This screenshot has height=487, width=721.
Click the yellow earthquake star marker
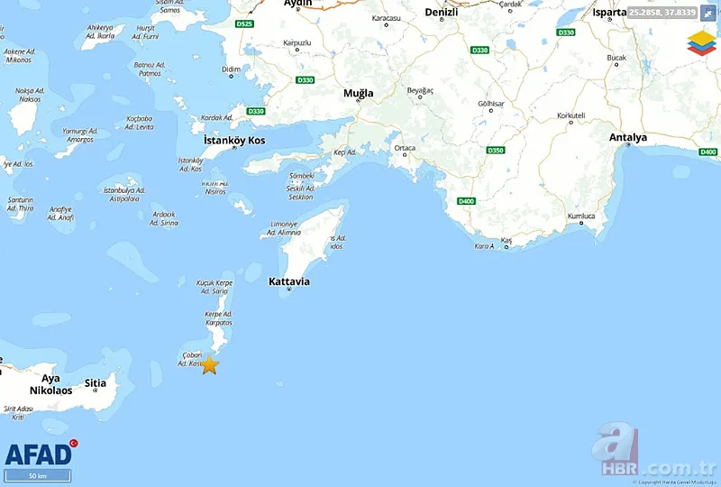click(x=209, y=365)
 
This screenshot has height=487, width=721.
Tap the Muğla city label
click(x=358, y=93)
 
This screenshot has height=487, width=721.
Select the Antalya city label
click(x=628, y=138)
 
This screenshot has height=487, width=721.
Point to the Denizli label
click(x=442, y=12)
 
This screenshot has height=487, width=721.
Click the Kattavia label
click(x=289, y=281)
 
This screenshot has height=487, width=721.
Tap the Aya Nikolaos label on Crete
click(x=50, y=384)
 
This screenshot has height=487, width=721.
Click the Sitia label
click(x=95, y=383)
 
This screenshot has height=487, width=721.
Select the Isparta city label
click(x=609, y=12)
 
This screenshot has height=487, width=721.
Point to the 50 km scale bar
click(x=38, y=475)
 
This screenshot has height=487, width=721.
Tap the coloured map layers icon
click(x=698, y=42)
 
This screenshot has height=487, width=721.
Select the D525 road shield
click(x=243, y=23)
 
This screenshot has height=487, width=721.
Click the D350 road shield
click(x=495, y=150)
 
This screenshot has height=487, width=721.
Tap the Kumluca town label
click(x=581, y=216)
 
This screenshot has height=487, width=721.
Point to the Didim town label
click(x=231, y=69)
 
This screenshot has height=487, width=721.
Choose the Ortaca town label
click(x=405, y=148)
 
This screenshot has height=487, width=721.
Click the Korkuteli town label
click(x=571, y=115)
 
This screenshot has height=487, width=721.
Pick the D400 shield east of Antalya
click(x=708, y=152)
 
